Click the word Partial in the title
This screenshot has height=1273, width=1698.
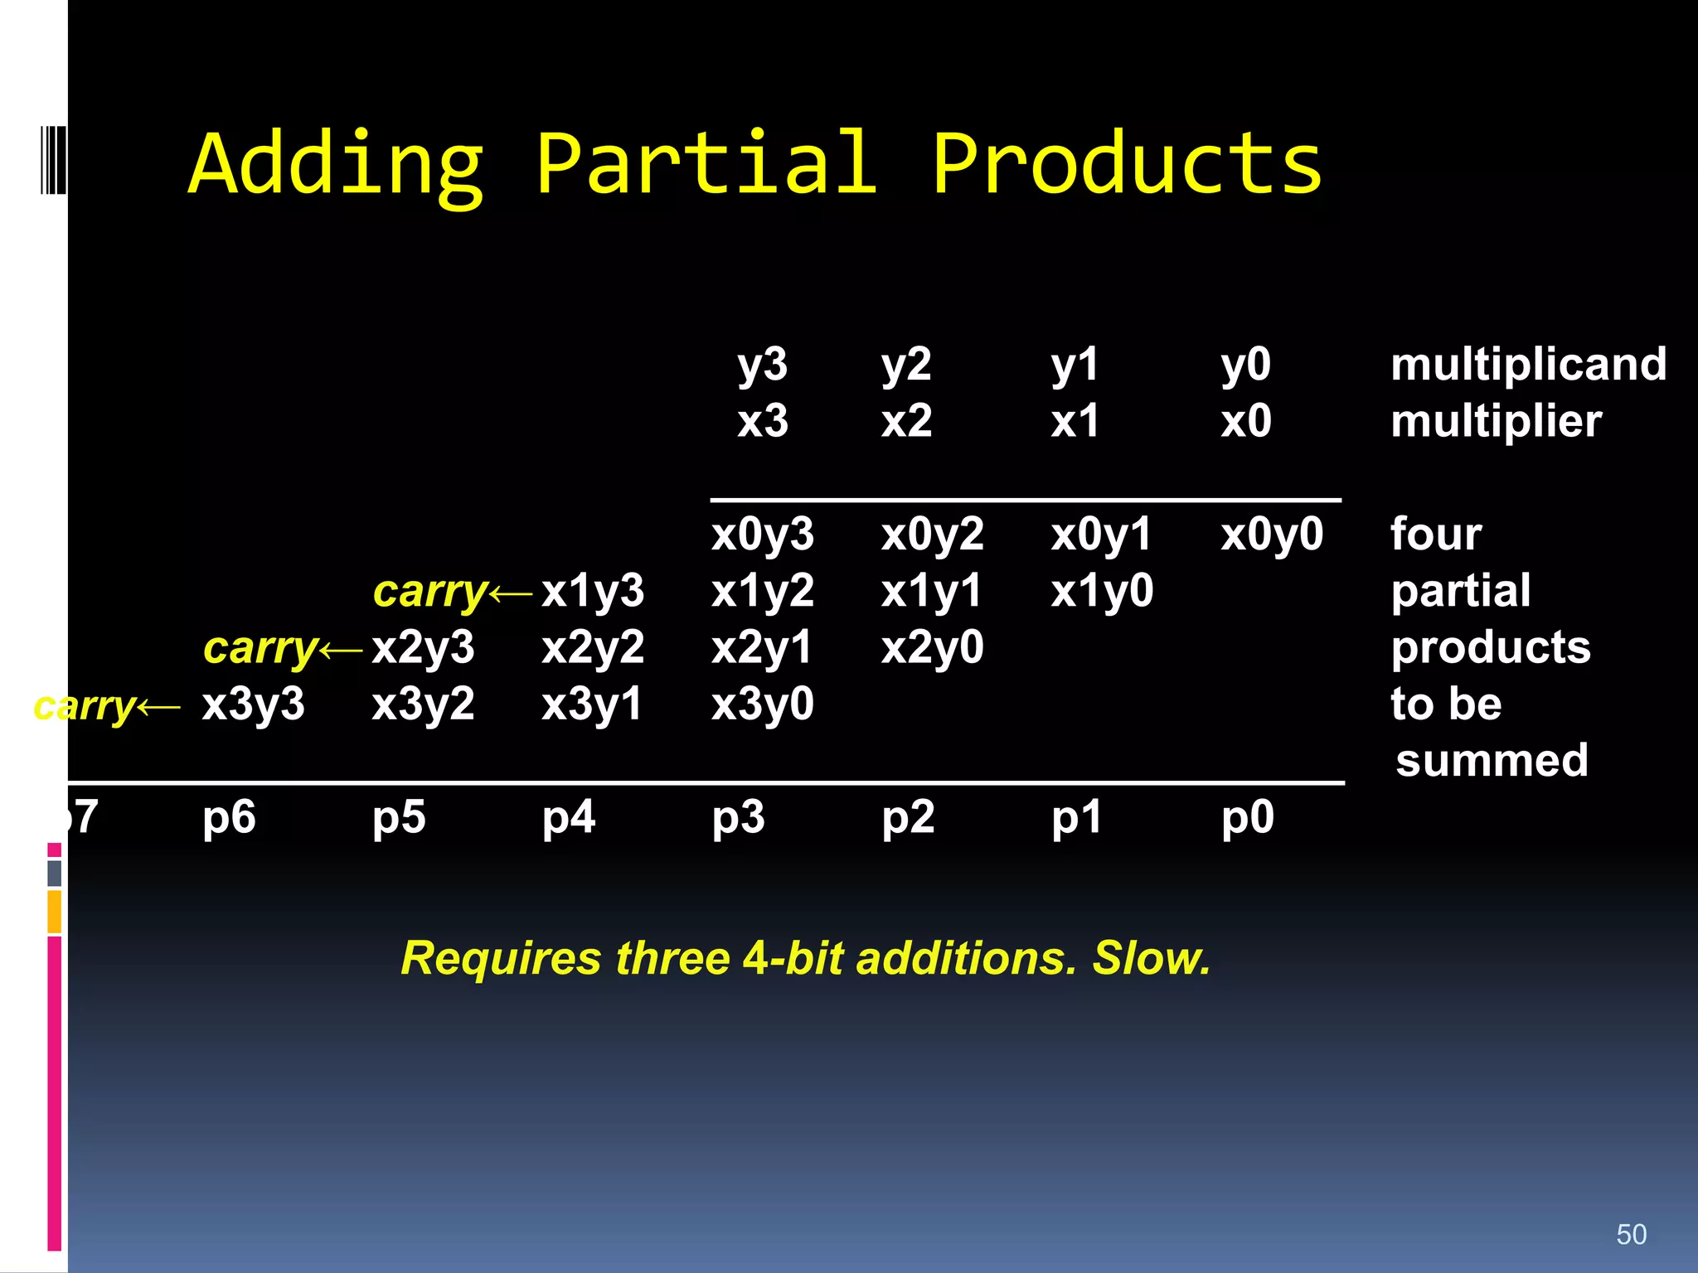706,163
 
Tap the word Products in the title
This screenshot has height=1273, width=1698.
1127,163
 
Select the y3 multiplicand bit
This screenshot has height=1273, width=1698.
762,365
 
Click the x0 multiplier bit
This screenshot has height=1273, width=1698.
1245,421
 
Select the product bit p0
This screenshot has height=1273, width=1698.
1247,818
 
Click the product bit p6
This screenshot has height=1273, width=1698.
229,818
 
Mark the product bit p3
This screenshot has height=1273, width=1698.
738,818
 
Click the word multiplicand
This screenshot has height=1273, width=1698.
1528,365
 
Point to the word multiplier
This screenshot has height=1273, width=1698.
1496,422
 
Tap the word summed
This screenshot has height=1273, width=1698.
1492,760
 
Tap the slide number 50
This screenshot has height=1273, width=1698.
1631,1234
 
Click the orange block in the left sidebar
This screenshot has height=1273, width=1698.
54,912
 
